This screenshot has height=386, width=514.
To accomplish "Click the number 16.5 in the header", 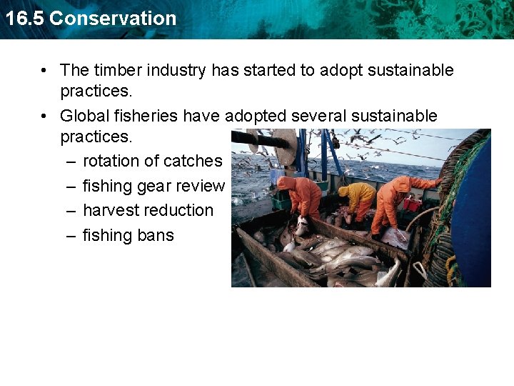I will (x=24, y=19).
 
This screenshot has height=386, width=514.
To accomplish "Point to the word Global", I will (x=84, y=116).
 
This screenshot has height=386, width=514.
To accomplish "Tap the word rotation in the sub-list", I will (x=111, y=162).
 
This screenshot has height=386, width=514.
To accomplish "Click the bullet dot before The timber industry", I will (x=45, y=70).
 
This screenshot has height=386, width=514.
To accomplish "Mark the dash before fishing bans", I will (x=71, y=235).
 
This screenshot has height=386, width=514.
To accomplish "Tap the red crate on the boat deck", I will (x=412, y=204).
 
